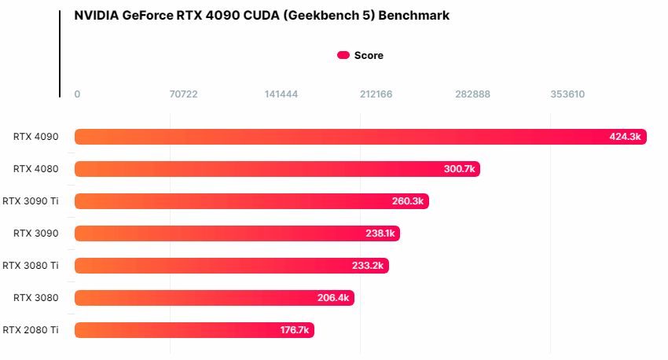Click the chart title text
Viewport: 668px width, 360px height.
pyautogui.click(x=262, y=15)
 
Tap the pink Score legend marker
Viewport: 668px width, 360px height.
pyautogui.click(x=343, y=55)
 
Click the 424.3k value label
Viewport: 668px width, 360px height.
pyautogui.click(x=626, y=137)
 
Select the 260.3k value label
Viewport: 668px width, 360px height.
pyautogui.click(x=408, y=201)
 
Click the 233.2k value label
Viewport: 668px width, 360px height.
pyautogui.click(x=368, y=266)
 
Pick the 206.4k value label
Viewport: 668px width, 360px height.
pyautogui.click(x=333, y=298)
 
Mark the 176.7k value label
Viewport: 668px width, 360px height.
pyautogui.click(x=295, y=330)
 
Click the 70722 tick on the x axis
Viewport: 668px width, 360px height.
pyautogui.click(x=184, y=94)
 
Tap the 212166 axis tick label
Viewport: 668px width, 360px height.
pyautogui.click(x=376, y=94)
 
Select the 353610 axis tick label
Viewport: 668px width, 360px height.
pyautogui.click(x=567, y=94)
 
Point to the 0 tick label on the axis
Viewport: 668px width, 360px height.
pyautogui.click(x=77, y=94)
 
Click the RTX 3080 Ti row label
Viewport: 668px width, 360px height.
pyautogui.click(x=31, y=266)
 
